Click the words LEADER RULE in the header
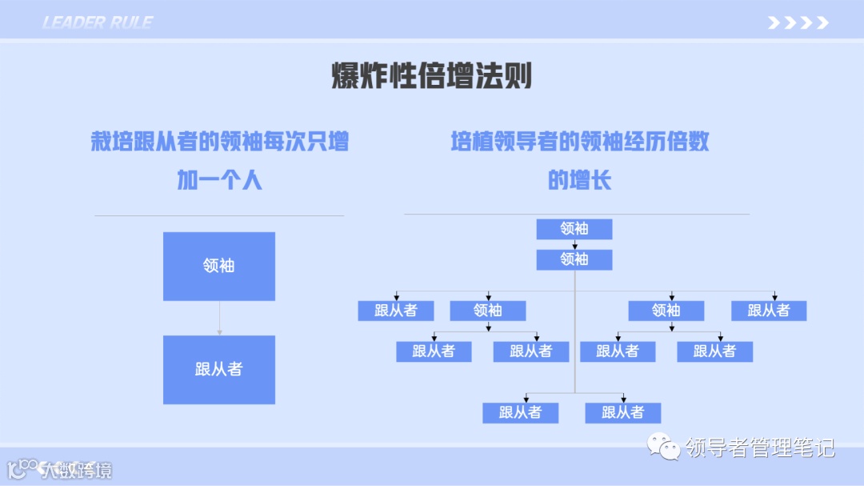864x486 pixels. [97, 22]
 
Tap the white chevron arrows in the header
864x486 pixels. [798, 22]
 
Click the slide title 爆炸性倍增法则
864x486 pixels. [432, 78]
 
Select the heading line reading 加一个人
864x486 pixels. [219, 180]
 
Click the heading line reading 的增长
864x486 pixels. [579, 180]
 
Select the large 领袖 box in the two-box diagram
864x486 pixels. [219, 266]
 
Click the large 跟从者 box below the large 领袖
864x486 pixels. [219, 369]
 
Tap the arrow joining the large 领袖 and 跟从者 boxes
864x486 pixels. [219, 319]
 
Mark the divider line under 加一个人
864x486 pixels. [219, 215]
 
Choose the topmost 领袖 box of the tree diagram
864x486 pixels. [574, 229]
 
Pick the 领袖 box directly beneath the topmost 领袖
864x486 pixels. [574, 259]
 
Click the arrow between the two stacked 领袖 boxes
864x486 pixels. [574, 245]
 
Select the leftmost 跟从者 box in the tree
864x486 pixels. [395, 311]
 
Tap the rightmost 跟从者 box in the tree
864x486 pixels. [769, 311]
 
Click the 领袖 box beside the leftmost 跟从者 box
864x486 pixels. [488, 311]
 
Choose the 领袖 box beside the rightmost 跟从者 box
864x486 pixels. [666, 311]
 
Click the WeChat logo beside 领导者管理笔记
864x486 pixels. [665, 446]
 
